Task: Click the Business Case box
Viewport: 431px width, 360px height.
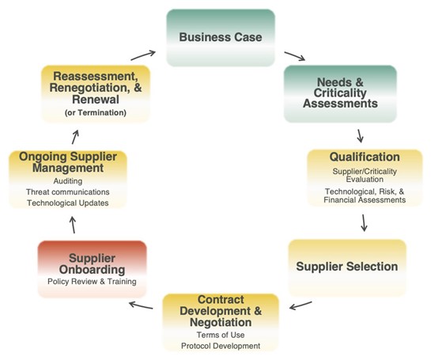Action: [221, 38]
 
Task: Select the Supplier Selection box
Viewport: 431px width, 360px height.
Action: [347, 267]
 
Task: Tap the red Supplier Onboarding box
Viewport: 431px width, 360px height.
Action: [92, 269]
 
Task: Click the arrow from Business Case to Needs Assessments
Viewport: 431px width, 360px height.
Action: [295, 56]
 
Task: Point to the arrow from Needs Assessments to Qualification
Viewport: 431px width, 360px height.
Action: [360, 136]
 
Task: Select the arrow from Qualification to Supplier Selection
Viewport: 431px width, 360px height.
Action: [364, 223]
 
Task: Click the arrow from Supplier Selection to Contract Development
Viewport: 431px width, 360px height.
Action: [301, 305]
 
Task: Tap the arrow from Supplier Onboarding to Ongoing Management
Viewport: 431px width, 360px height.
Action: [73, 225]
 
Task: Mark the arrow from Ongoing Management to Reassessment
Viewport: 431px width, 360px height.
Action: [75, 137]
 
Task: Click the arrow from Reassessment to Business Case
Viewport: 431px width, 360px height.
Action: [143, 55]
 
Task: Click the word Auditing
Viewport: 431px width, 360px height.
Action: [68, 181]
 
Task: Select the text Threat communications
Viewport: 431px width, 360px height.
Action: [68, 192]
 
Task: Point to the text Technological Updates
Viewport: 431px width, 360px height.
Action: [68, 203]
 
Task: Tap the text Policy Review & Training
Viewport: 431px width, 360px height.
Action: [92, 282]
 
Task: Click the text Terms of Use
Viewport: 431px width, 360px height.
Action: [221, 335]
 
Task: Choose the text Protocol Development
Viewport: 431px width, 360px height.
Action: [221, 346]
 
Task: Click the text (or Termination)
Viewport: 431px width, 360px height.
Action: [96, 113]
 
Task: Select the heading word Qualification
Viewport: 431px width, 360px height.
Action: [365, 157]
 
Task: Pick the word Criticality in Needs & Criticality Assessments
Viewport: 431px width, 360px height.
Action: [340, 93]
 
